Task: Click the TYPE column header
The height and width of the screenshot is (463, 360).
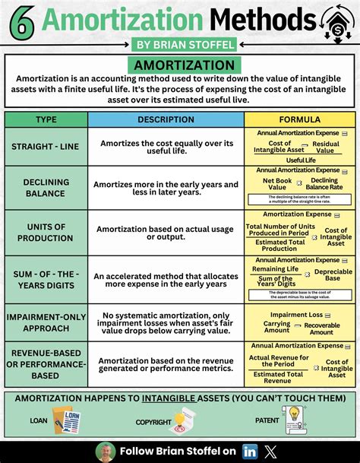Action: coord(46,119)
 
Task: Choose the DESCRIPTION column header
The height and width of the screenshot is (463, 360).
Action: coord(166,119)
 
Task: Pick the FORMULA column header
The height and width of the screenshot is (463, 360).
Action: coord(299,119)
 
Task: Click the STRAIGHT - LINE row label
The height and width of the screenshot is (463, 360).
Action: coord(46,148)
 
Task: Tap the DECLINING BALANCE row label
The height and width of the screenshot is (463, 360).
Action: coord(46,188)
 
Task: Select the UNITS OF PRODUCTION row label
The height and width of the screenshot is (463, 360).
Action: coord(46,231)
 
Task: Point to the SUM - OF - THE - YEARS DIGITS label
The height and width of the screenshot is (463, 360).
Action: coord(46,277)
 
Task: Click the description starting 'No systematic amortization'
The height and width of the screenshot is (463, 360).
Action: coord(166,322)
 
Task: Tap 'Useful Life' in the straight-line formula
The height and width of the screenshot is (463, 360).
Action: coord(300,160)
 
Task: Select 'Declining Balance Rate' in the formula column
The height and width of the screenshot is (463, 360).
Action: coord(324,184)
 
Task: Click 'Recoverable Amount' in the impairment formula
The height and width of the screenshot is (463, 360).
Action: coord(321,328)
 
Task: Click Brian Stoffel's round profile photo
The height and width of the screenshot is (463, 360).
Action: coord(106,450)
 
